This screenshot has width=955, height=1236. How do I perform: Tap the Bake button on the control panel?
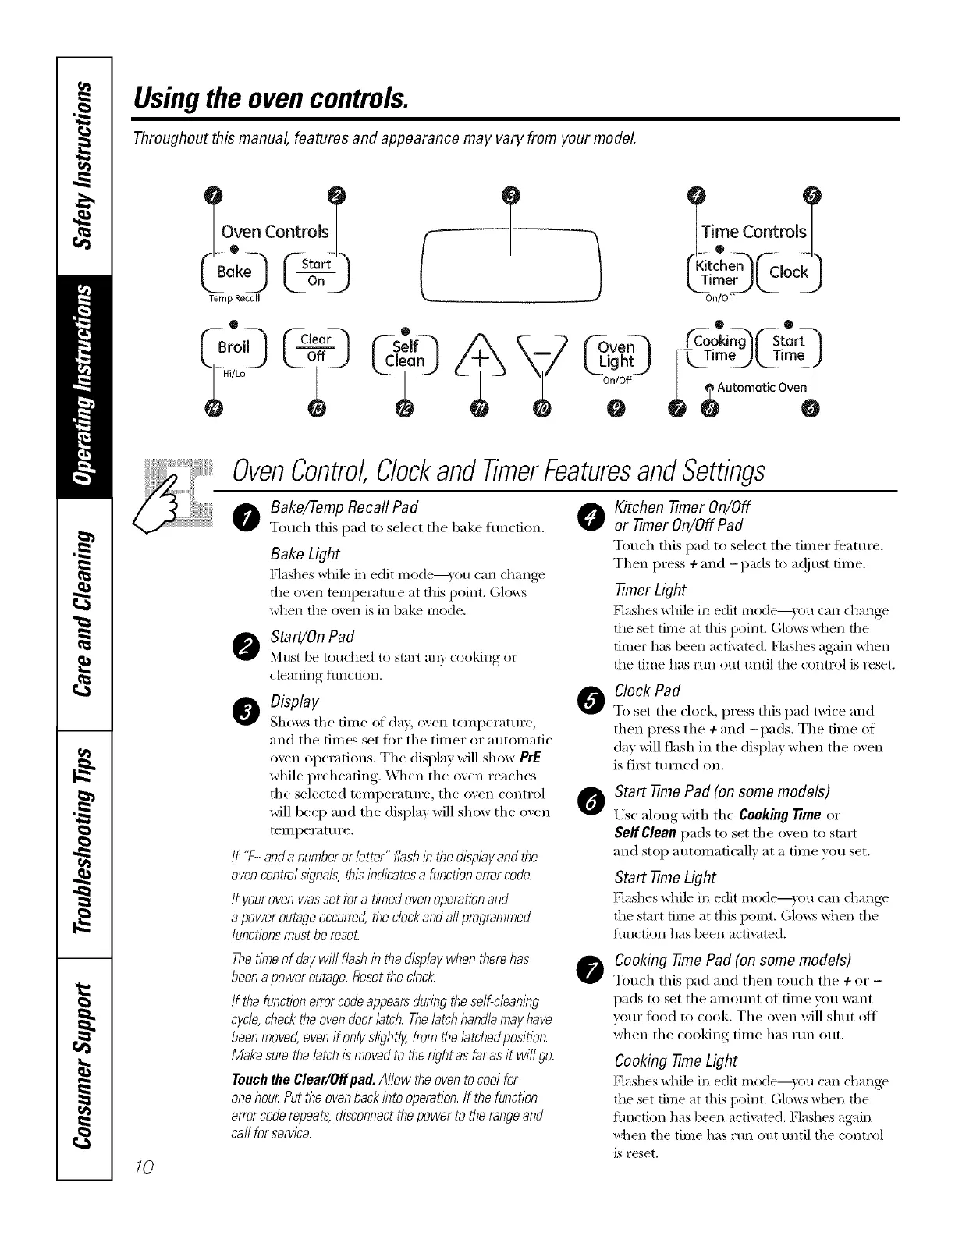pos(234,272)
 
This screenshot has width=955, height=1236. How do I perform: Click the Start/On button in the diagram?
pos(316,272)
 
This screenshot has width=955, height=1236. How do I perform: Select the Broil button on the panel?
pos(234,348)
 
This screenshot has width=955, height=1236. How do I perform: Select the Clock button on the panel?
pos(788,272)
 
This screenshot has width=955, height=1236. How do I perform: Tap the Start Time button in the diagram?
pos(788,348)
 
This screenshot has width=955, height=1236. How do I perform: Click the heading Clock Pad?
pos(648,691)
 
